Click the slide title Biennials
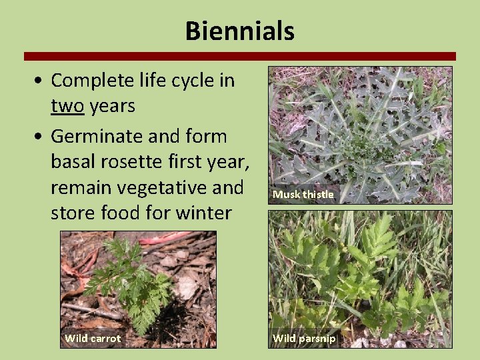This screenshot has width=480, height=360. click(239, 31)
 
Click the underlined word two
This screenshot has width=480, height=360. click(65, 106)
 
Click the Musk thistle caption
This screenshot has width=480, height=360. click(303, 195)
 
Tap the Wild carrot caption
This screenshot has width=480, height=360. click(93, 339)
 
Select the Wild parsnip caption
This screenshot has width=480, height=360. click(304, 339)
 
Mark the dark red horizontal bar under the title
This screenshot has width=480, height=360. click(239, 56)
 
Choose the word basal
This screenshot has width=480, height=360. click(72, 162)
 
